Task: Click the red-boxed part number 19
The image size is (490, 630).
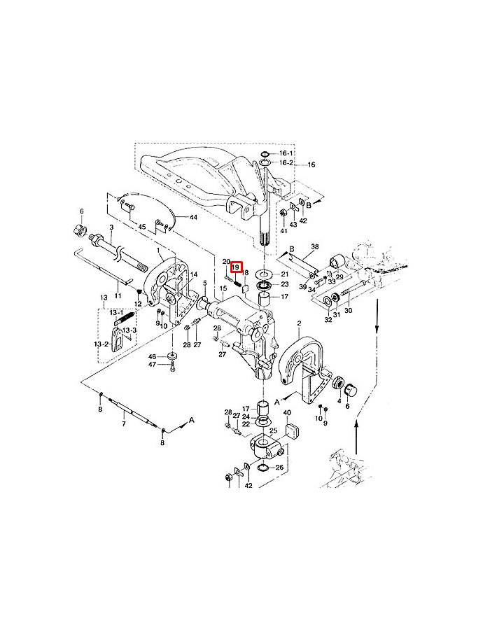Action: point(236,267)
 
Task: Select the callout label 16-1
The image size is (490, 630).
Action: point(286,153)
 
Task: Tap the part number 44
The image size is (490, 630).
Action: point(194,218)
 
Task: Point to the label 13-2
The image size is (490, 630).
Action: point(101,344)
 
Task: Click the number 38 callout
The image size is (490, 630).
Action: point(315,246)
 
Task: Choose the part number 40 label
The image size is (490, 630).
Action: point(287,412)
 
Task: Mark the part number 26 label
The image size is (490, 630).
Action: point(279,468)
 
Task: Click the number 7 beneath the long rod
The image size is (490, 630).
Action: point(124,424)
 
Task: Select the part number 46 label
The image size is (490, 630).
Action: point(152,357)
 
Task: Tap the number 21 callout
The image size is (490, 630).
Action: point(285,274)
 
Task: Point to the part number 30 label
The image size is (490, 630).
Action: point(348,310)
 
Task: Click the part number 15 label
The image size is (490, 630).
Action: point(224,288)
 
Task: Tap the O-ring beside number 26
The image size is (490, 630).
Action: point(263,468)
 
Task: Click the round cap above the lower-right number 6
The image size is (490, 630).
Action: point(351,390)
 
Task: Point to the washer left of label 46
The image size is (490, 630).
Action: point(173,356)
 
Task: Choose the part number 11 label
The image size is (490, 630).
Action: point(118,295)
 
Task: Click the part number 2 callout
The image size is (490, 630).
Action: point(299,323)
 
